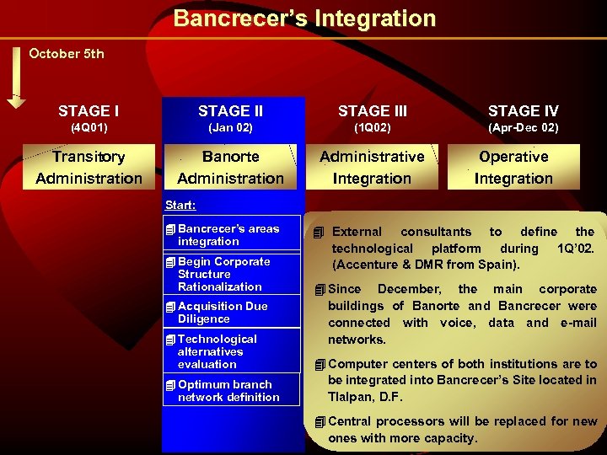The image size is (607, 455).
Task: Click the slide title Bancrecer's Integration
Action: [x=304, y=19]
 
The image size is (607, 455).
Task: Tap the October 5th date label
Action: [x=67, y=54]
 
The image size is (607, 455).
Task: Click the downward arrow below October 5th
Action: [x=17, y=79]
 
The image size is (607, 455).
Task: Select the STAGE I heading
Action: [x=89, y=111]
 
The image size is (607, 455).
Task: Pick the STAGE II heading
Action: [x=230, y=111]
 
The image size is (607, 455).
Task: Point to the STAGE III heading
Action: [x=372, y=111]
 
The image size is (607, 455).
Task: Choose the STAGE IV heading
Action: [x=523, y=111]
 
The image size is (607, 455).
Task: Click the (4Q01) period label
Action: [x=89, y=128]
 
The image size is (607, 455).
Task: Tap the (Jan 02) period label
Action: [x=230, y=128]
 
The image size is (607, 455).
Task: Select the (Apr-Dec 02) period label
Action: [x=523, y=128]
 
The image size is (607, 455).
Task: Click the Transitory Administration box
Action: [x=89, y=167]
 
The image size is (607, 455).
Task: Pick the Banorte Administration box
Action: [x=230, y=167]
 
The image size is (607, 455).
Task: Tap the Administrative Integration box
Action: [x=372, y=167]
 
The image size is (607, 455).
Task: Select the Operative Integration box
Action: [x=513, y=167]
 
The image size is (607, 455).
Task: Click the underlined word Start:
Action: [x=180, y=205]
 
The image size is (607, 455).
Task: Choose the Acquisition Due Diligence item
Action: [x=222, y=313]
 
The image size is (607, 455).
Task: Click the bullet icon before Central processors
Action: [x=320, y=421]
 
